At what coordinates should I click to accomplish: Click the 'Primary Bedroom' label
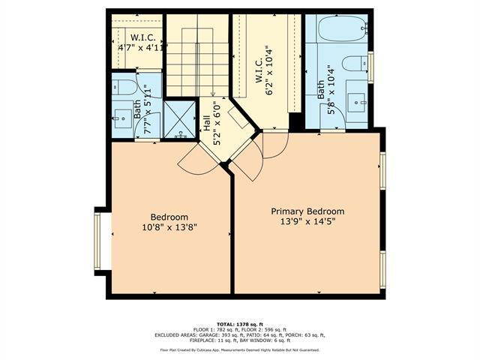click(x=307, y=211)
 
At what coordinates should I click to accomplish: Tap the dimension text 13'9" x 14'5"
click(x=307, y=223)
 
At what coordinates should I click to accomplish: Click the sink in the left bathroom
click(x=121, y=115)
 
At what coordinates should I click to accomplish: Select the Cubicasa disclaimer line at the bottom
click(x=239, y=349)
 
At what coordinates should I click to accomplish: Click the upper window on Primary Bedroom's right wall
click(x=382, y=169)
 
